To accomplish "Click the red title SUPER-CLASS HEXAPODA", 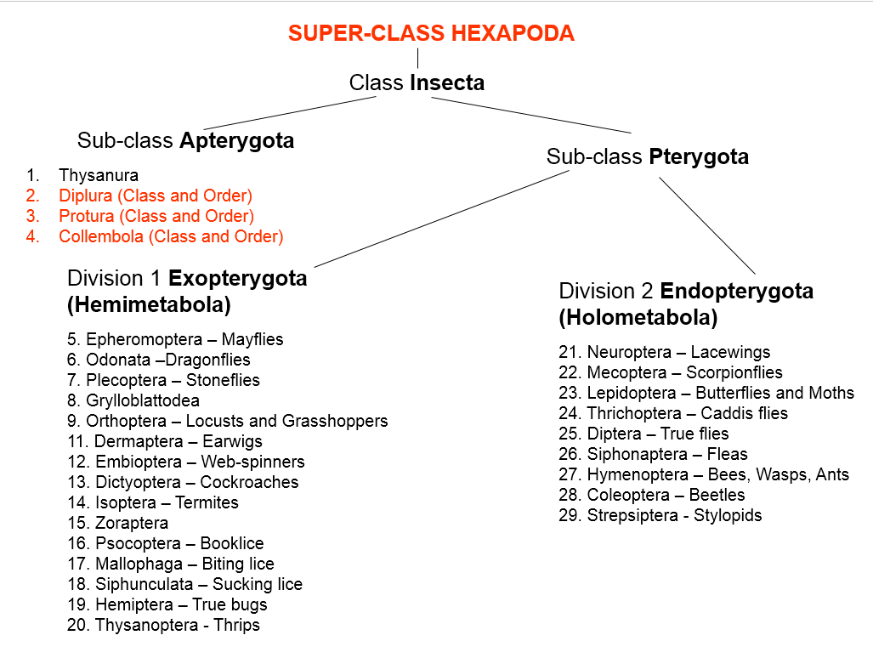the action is point(431,33).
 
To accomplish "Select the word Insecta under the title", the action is point(447,82).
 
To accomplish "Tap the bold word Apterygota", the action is point(236,141).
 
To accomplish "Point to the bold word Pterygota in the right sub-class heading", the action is point(699,157).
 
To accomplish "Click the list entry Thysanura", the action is point(99,175).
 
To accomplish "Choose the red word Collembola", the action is point(101,236).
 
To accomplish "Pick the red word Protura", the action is point(87,216).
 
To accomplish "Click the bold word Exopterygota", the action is point(238,278).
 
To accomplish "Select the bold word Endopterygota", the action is point(737,291).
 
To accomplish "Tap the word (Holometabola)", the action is point(638,317).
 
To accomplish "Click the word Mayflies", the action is point(252,339).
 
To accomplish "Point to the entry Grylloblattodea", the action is point(143,400).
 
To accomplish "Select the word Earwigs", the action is point(232,441).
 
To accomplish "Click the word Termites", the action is point(207,502).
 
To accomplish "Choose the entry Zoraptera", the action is point(132,524).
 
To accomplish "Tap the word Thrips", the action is point(236,625).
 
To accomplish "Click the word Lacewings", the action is point(730,352).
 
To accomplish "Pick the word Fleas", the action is point(727,454).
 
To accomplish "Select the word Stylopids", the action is point(728,515).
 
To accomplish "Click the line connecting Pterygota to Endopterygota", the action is point(707,225).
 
